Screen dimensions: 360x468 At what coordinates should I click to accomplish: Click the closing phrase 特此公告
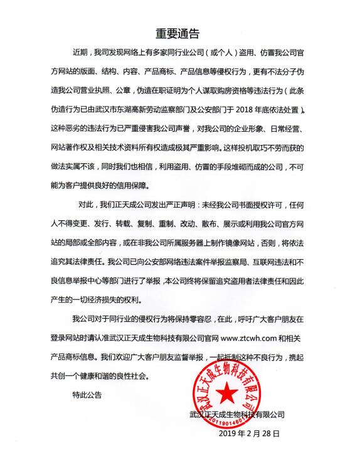(x=85, y=395)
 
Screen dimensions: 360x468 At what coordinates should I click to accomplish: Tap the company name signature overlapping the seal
(x=236, y=414)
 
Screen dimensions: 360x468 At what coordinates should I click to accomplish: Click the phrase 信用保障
(x=144, y=186)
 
